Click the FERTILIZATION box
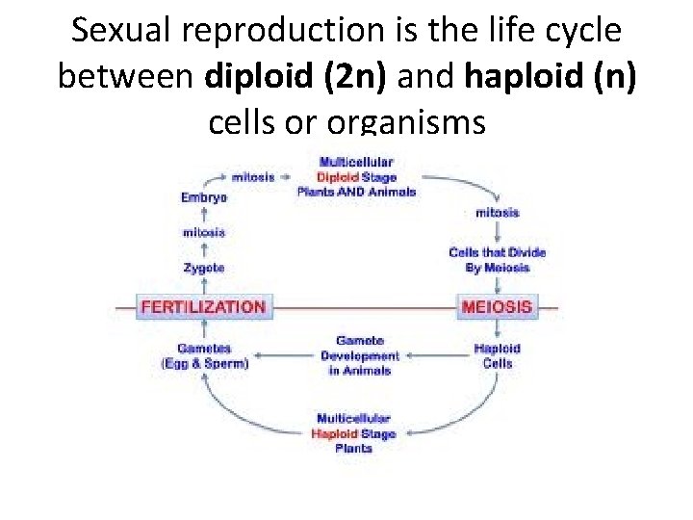pos(202,307)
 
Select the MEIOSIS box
pos(497,307)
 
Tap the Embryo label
pos(203,197)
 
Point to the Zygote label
pos(203,267)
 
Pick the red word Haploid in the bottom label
pos(334,433)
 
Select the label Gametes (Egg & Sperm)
pos(203,355)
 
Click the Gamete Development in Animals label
pos(360,355)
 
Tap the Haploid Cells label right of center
pos(498,355)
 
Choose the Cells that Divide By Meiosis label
pos(497,260)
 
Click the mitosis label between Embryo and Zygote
pos(203,232)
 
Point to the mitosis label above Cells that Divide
pos(497,212)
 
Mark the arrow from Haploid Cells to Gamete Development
pos(435,355)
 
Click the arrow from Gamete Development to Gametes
pos(284,355)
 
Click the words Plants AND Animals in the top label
pos(356,192)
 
